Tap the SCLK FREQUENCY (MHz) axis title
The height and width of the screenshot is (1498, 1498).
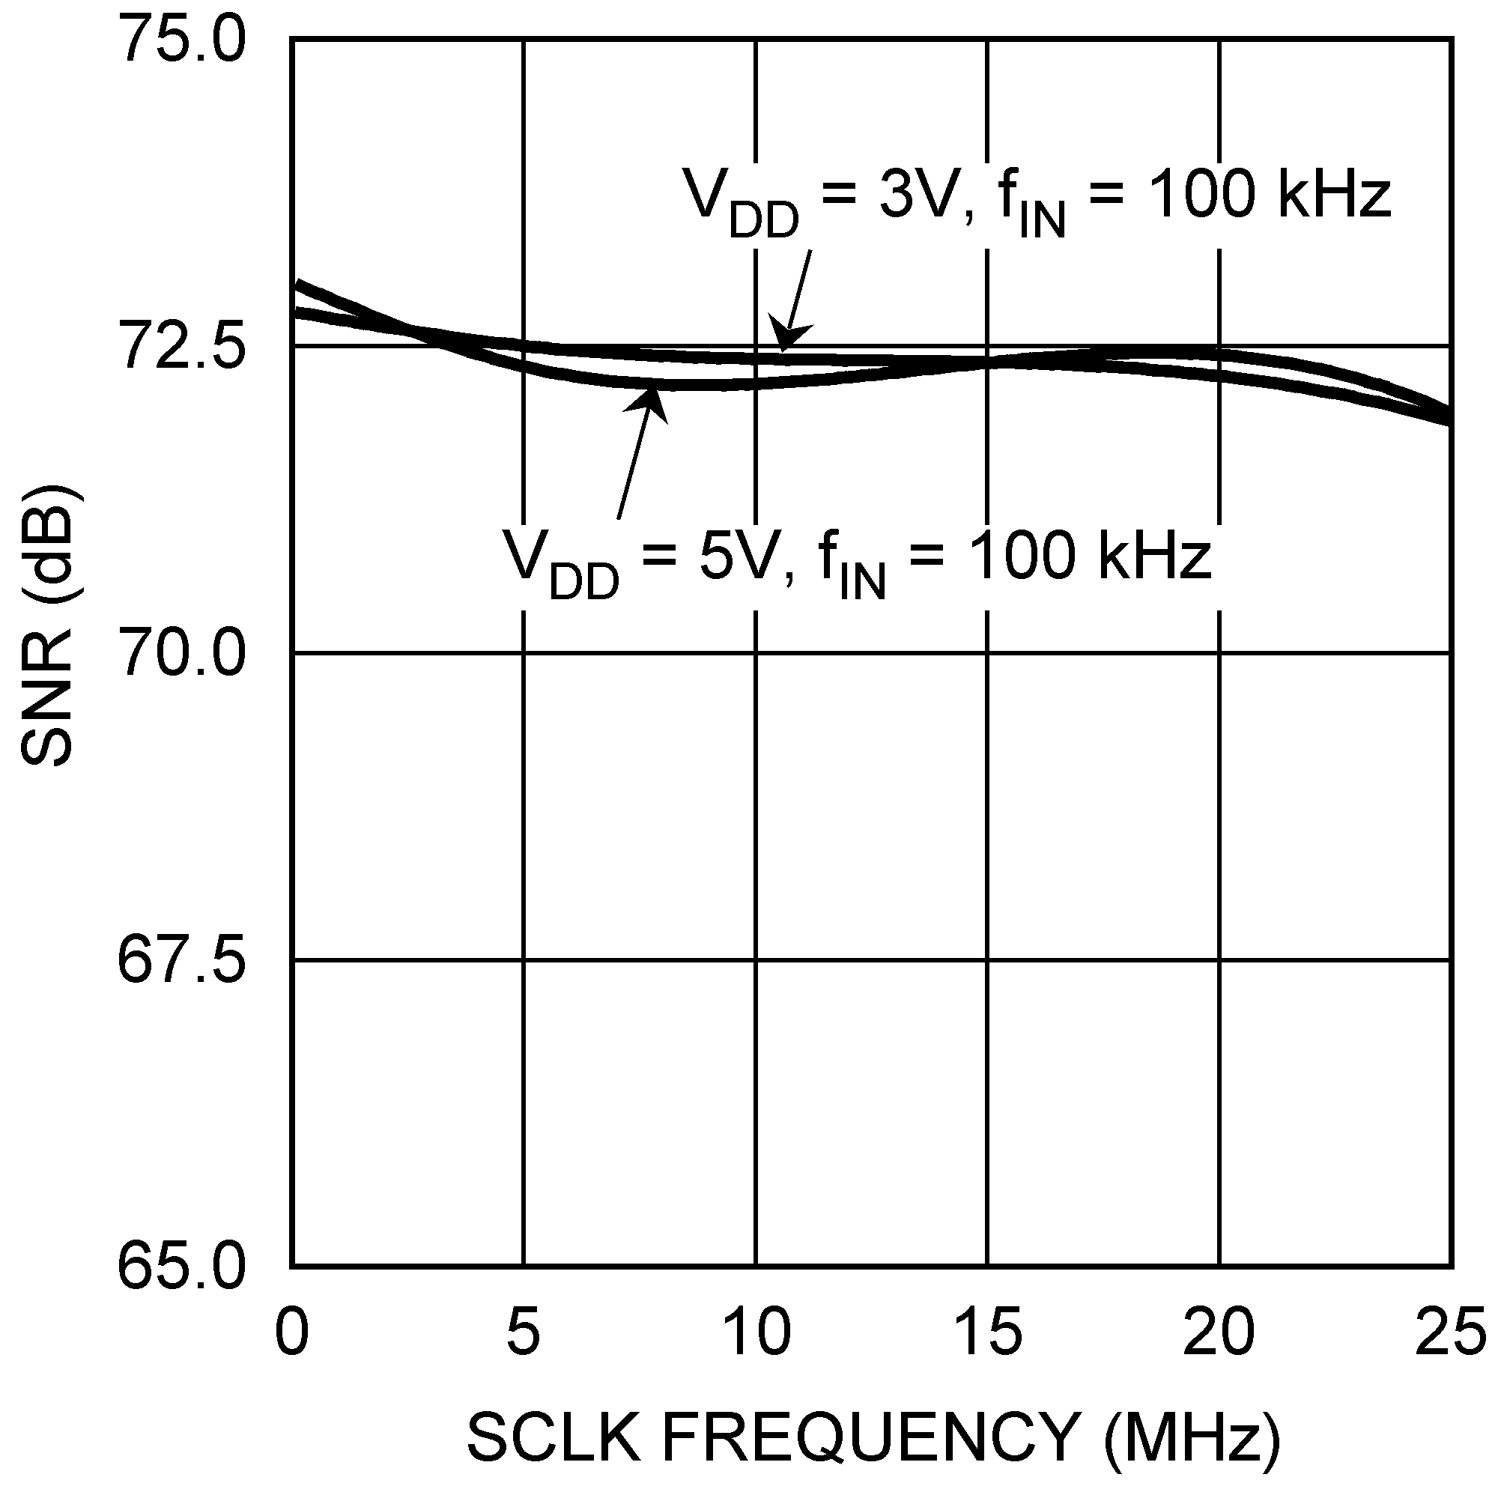pyautogui.click(x=873, y=1437)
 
